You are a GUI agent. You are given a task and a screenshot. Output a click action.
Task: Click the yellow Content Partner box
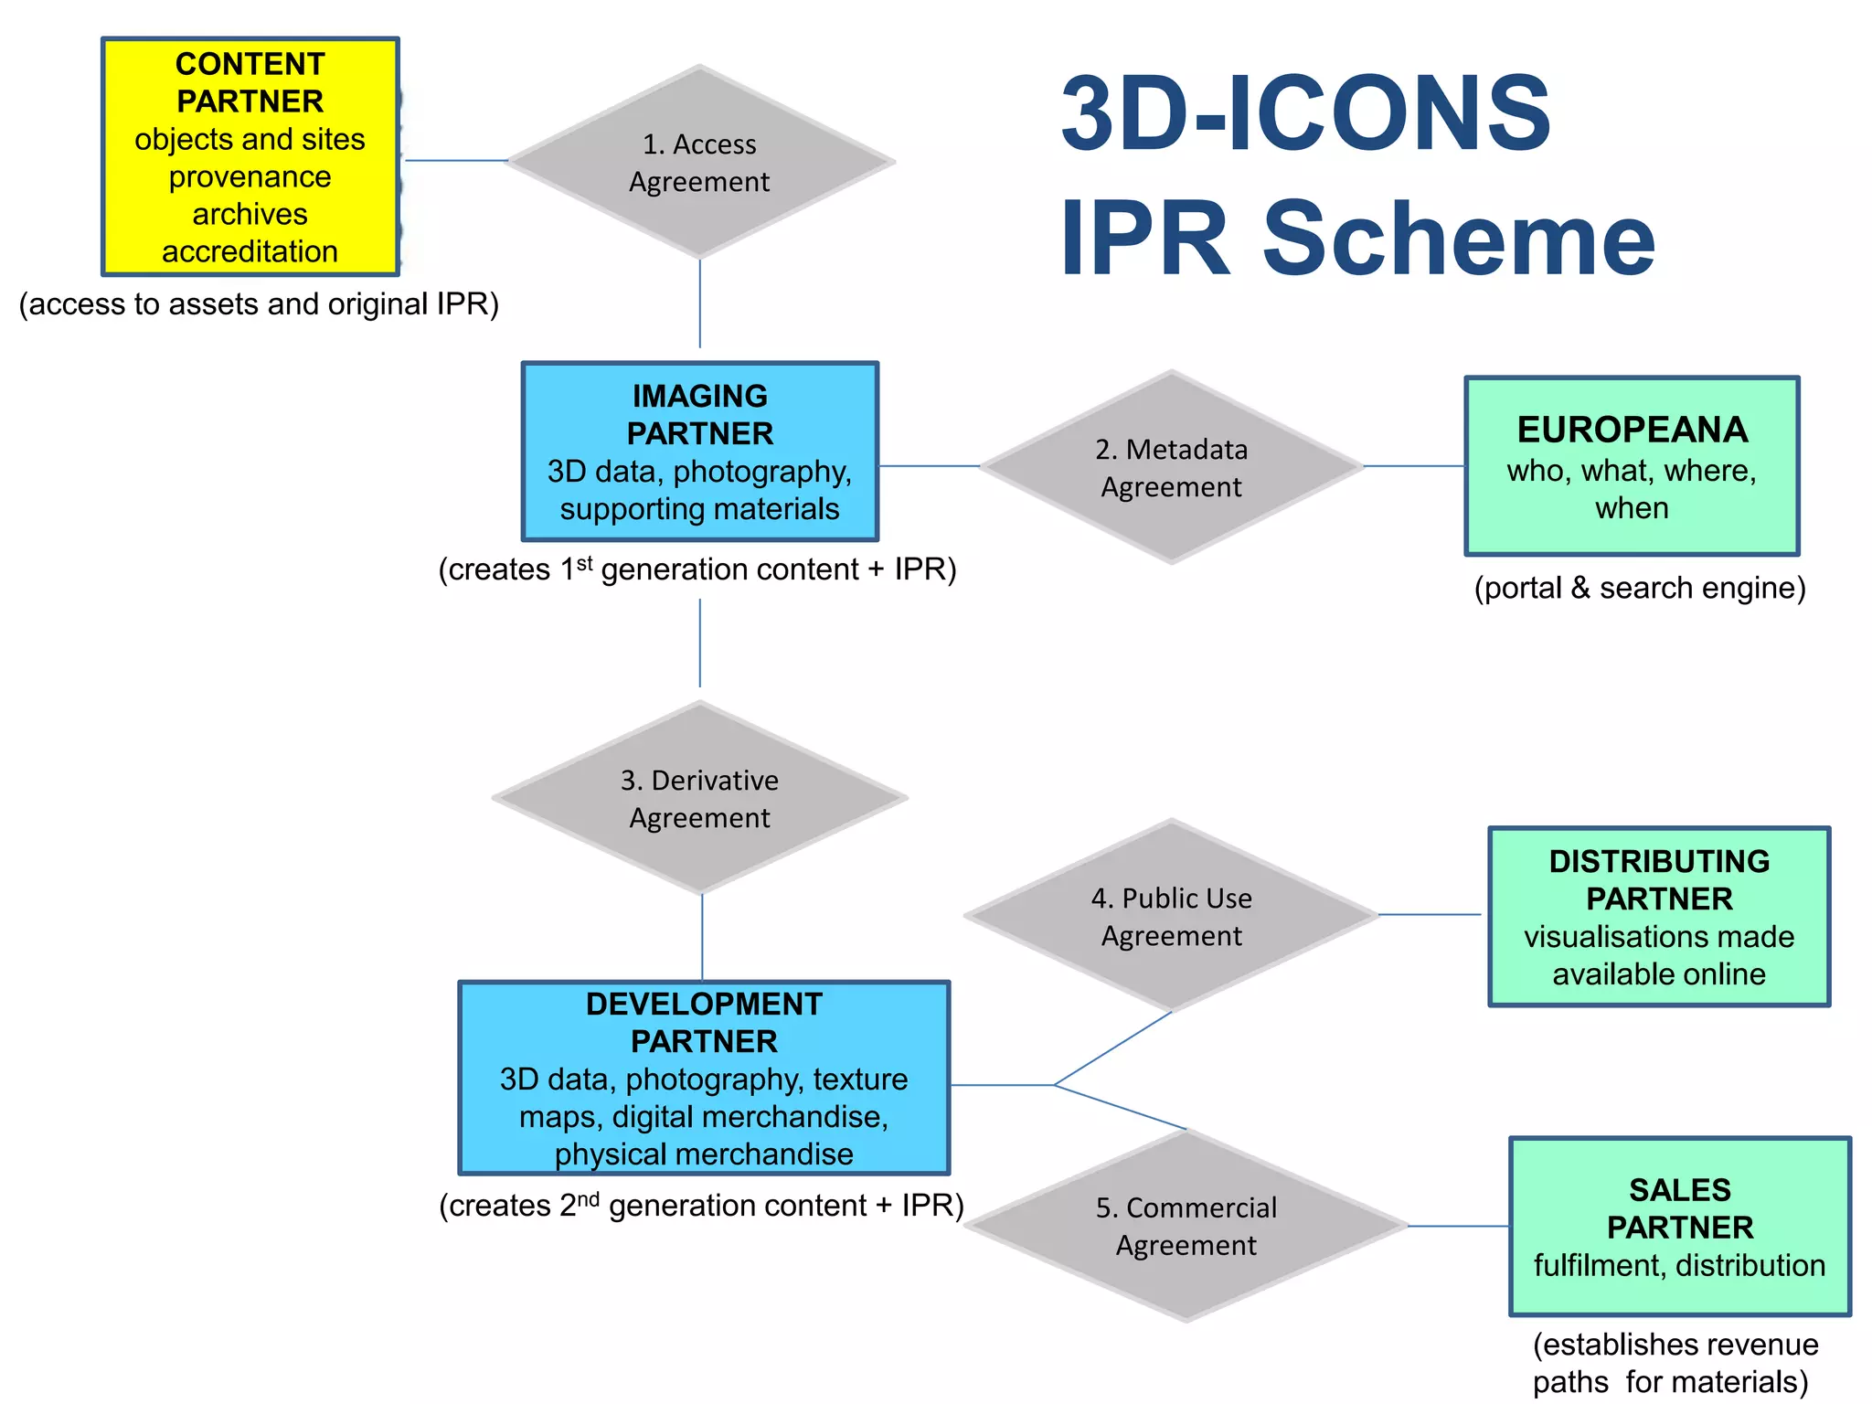point(250,156)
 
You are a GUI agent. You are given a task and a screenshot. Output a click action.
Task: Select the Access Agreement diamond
point(700,163)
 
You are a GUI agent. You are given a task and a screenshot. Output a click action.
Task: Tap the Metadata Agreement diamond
point(1171,467)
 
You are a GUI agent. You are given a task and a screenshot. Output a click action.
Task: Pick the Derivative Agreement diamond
point(700,798)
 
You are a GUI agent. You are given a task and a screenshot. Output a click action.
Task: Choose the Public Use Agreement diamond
point(1171,916)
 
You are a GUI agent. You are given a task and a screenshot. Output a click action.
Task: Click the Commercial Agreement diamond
point(1186,1226)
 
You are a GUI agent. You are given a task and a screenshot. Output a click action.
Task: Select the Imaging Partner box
point(700,452)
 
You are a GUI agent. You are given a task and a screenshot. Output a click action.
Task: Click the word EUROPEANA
point(1632,430)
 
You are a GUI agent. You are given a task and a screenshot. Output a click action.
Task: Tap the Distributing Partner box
point(1658,917)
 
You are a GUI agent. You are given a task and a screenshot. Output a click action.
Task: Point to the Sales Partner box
point(1679,1226)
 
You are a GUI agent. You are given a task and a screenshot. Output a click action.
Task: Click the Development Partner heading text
point(704,1022)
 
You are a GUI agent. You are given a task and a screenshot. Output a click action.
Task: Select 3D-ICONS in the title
point(1305,114)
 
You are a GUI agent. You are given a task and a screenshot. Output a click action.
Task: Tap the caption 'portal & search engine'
point(1640,588)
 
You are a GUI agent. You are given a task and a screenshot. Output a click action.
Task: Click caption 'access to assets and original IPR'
point(259,304)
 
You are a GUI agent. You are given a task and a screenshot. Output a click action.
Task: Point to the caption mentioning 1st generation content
point(697,569)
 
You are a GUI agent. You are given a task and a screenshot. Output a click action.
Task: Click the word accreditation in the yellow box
point(250,251)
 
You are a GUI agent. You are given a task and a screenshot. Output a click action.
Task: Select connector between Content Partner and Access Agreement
point(454,161)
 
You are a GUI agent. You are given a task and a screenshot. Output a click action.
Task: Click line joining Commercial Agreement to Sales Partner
point(1458,1226)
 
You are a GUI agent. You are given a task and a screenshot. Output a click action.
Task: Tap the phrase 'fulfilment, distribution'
point(1679,1265)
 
